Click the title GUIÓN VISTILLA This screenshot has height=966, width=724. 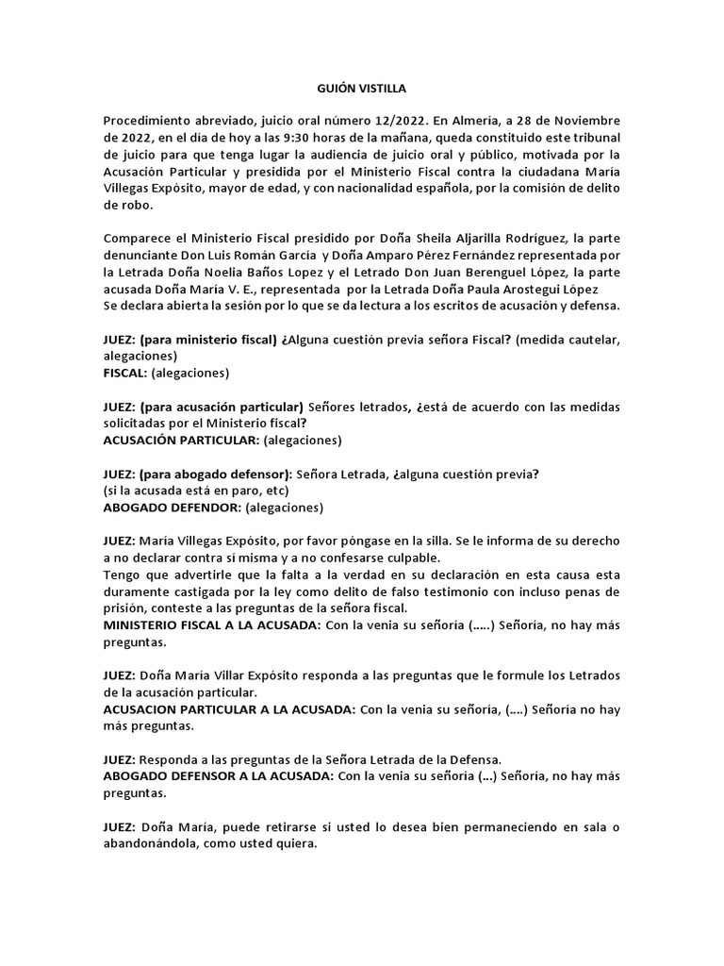[362, 89]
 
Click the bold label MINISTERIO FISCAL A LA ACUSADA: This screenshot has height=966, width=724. [211, 625]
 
